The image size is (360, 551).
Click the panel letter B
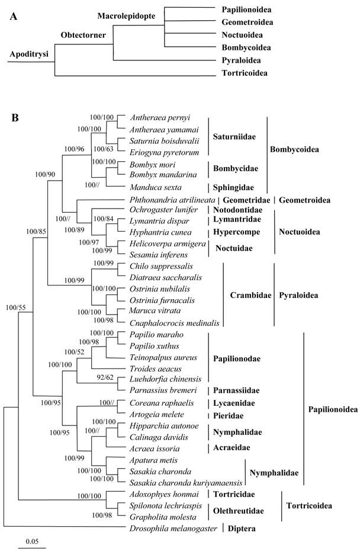point(15,118)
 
